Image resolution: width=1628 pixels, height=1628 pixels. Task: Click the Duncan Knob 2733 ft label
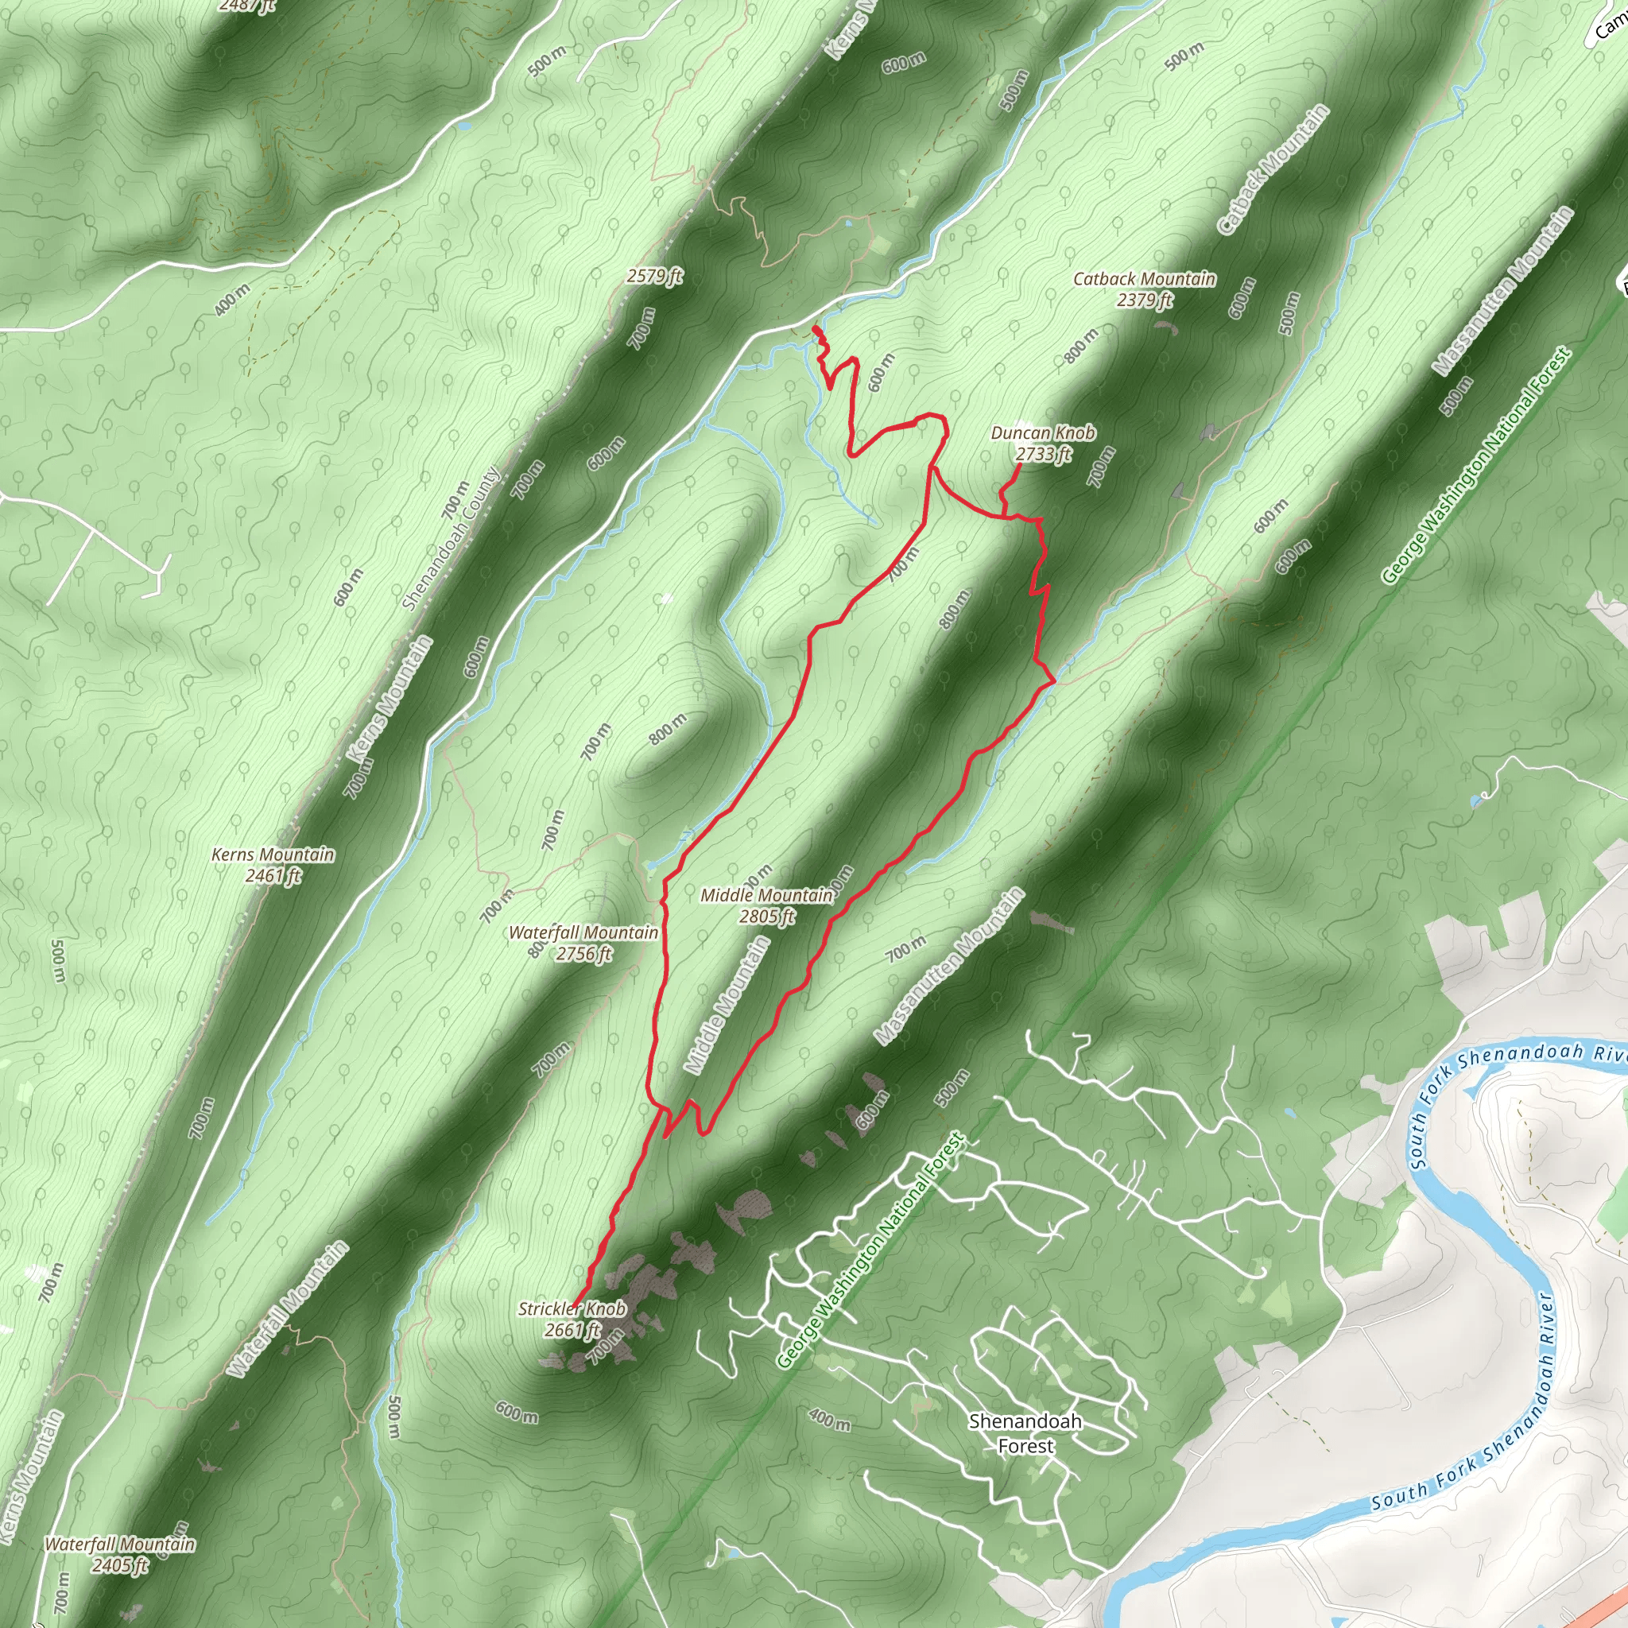[1042, 444]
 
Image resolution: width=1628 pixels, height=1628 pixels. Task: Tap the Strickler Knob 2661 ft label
[572, 1319]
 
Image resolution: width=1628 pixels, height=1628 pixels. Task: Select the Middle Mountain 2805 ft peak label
[766, 905]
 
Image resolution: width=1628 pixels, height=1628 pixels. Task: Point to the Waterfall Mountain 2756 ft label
[583, 943]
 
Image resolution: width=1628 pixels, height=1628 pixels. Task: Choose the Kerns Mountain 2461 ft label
[272, 865]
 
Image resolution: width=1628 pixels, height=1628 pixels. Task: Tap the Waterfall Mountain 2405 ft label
[120, 1555]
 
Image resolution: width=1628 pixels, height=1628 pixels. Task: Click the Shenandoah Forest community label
[1025, 1433]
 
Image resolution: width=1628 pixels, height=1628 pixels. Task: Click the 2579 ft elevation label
[654, 276]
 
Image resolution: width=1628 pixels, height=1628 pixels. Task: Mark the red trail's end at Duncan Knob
[1021, 463]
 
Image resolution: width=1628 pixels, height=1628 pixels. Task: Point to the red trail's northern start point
[814, 327]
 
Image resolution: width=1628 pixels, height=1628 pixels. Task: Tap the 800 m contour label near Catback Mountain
[1080, 346]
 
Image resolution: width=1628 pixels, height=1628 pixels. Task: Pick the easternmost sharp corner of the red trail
[1054, 681]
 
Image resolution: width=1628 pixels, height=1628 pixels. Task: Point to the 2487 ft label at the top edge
[246, 6]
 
